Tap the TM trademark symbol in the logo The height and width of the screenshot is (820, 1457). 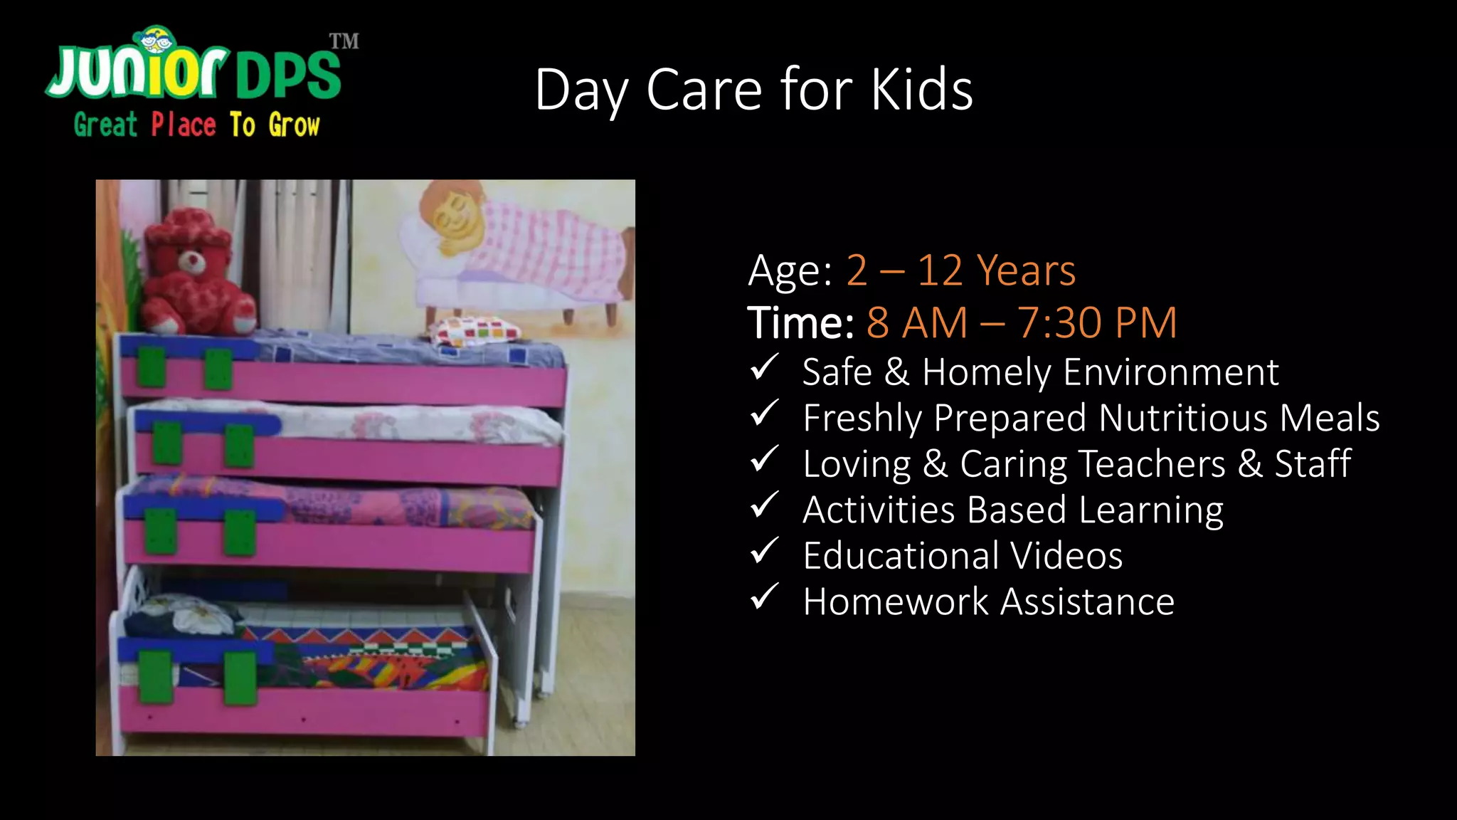tap(344, 41)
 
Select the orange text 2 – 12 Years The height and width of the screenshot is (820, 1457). tap(960, 270)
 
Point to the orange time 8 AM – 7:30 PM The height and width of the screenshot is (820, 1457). tap(1022, 322)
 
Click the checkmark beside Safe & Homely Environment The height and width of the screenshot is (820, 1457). tap(765, 368)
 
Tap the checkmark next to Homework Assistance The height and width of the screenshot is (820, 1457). tap(765, 598)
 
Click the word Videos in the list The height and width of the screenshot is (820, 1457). tap(1066, 556)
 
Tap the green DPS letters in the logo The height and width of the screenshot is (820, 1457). tap(288, 75)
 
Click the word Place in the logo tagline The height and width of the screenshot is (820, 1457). tap(184, 125)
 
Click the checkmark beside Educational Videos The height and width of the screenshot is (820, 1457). tap(765, 552)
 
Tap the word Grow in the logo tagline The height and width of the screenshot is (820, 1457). tap(294, 125)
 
